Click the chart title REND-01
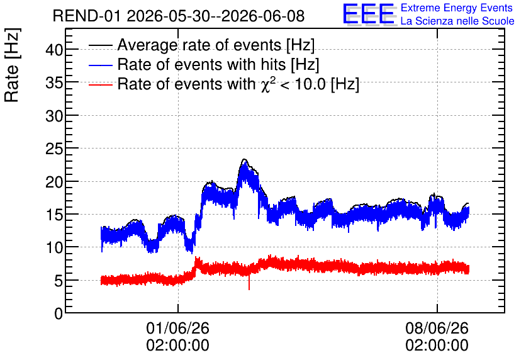tap(87, 16)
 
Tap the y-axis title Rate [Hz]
tap(12, 65)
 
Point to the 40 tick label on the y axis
tap(54, 50)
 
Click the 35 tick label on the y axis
tap(54, 83)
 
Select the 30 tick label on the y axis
tap(54, 116)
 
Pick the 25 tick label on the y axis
tap(54, 149)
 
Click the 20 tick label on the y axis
tap(54, 182)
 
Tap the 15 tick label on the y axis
tap(54, 215)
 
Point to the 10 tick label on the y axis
tap(54, 247)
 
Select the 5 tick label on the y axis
tap(59, 281)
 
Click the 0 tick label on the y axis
tap(59, 313)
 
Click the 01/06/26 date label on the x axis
tap(178, 328)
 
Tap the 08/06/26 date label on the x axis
tap(437, 328)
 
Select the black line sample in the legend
tap(100, 45)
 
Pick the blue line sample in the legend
tap(100, 65)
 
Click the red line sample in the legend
tap(100, 84)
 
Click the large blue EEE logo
tap(369, 14)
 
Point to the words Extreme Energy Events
tap(457, 8)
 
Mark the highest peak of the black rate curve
tap(245, 159)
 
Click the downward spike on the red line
tap(249, 283)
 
